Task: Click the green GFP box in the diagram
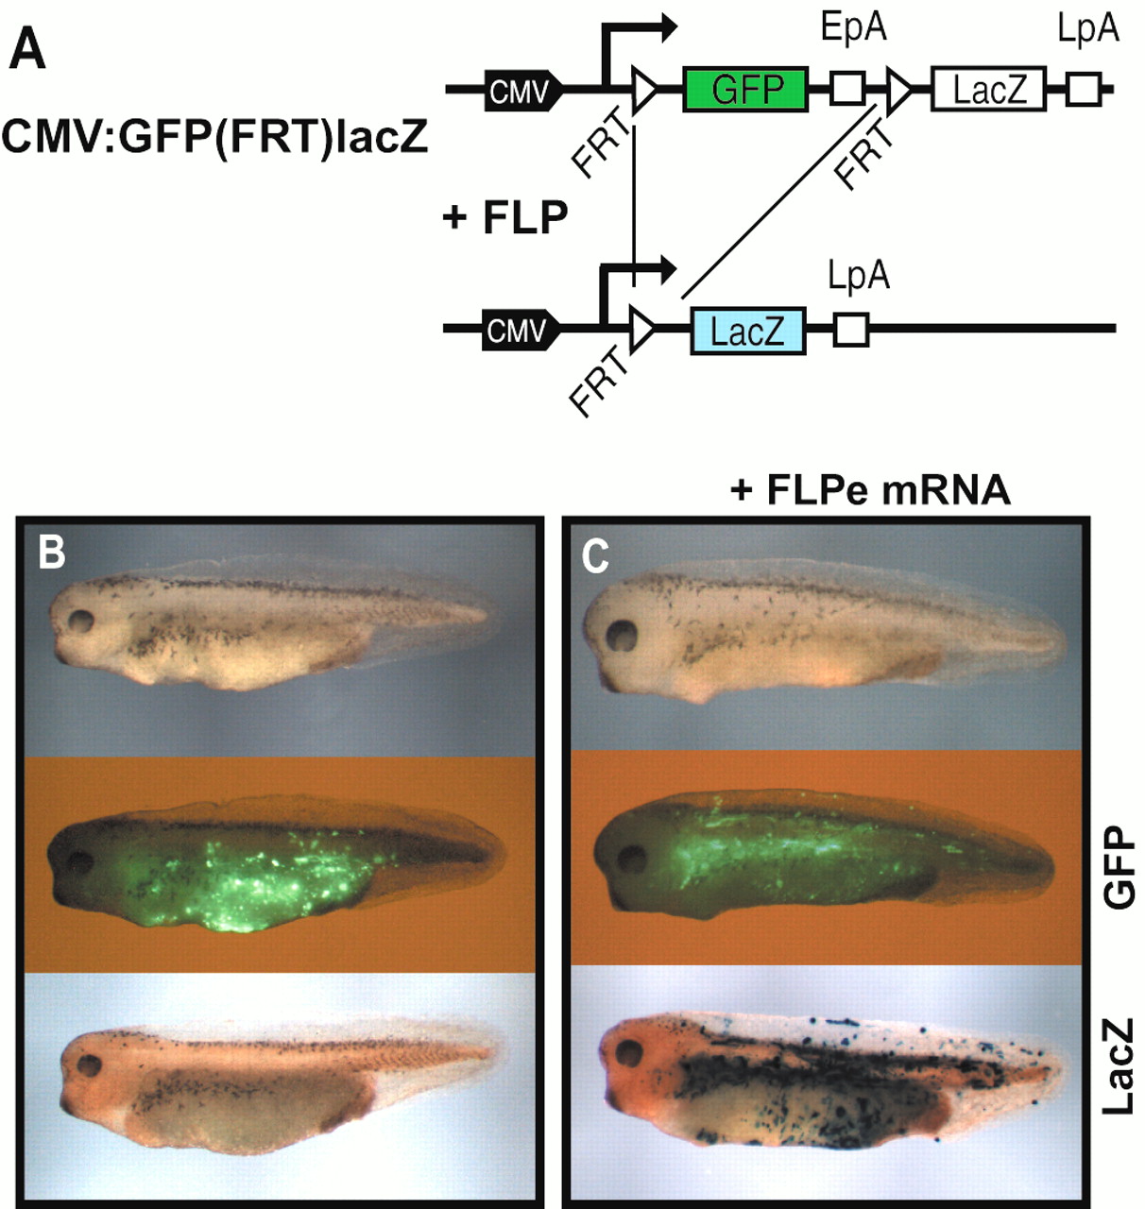point(745,89)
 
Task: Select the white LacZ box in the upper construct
point(988,89)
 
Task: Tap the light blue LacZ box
point(747,331)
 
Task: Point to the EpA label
point(853,27)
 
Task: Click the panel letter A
point(26,50)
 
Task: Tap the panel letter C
point(595,556)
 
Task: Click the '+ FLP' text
point(505,217)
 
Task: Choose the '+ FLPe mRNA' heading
point(870,490)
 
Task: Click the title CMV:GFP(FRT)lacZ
point(214,137)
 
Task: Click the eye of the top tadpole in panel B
point(80,622)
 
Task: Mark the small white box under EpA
point(847,89)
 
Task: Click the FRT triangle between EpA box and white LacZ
point(898,89)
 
